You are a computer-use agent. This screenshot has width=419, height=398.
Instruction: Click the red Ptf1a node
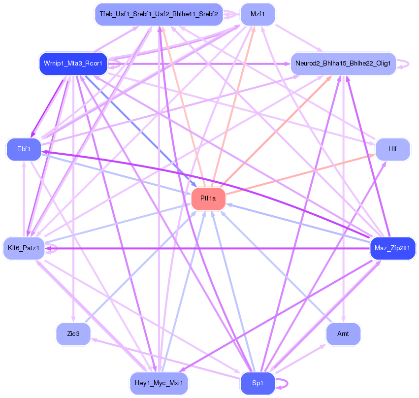[x=208, y=199]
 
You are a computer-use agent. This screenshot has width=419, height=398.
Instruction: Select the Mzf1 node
[x=258, y=14]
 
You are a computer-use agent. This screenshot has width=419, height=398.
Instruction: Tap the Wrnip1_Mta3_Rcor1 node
[x=73, y=64]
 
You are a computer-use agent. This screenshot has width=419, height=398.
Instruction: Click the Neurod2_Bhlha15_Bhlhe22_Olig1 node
[x=343, y=64]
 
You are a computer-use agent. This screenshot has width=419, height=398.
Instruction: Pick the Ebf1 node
[x=24, y=149]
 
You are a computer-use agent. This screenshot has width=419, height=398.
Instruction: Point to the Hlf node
[x=392, y=149]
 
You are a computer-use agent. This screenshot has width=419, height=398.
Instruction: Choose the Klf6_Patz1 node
[x=24, y=248]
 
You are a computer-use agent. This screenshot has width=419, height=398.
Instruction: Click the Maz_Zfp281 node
[x=392, y=248]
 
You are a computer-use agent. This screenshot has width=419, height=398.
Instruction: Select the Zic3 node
[x=73, y=334]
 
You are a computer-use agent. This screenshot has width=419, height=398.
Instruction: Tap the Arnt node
[x=343, y=334]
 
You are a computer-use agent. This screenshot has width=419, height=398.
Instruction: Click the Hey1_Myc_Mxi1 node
[x=159, y=383]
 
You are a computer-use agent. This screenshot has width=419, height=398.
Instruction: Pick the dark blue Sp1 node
[x=258, y=383]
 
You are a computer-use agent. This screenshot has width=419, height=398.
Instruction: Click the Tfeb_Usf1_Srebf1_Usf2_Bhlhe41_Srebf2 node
[x=159, y=14]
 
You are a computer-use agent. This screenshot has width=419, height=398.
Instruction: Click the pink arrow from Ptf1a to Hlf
[x=301, y=174]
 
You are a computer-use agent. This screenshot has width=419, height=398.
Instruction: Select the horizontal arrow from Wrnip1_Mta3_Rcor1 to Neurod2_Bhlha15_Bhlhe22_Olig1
[x=199, y=64]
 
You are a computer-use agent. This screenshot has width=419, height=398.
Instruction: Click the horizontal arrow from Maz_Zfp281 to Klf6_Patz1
[x=207, y=248]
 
